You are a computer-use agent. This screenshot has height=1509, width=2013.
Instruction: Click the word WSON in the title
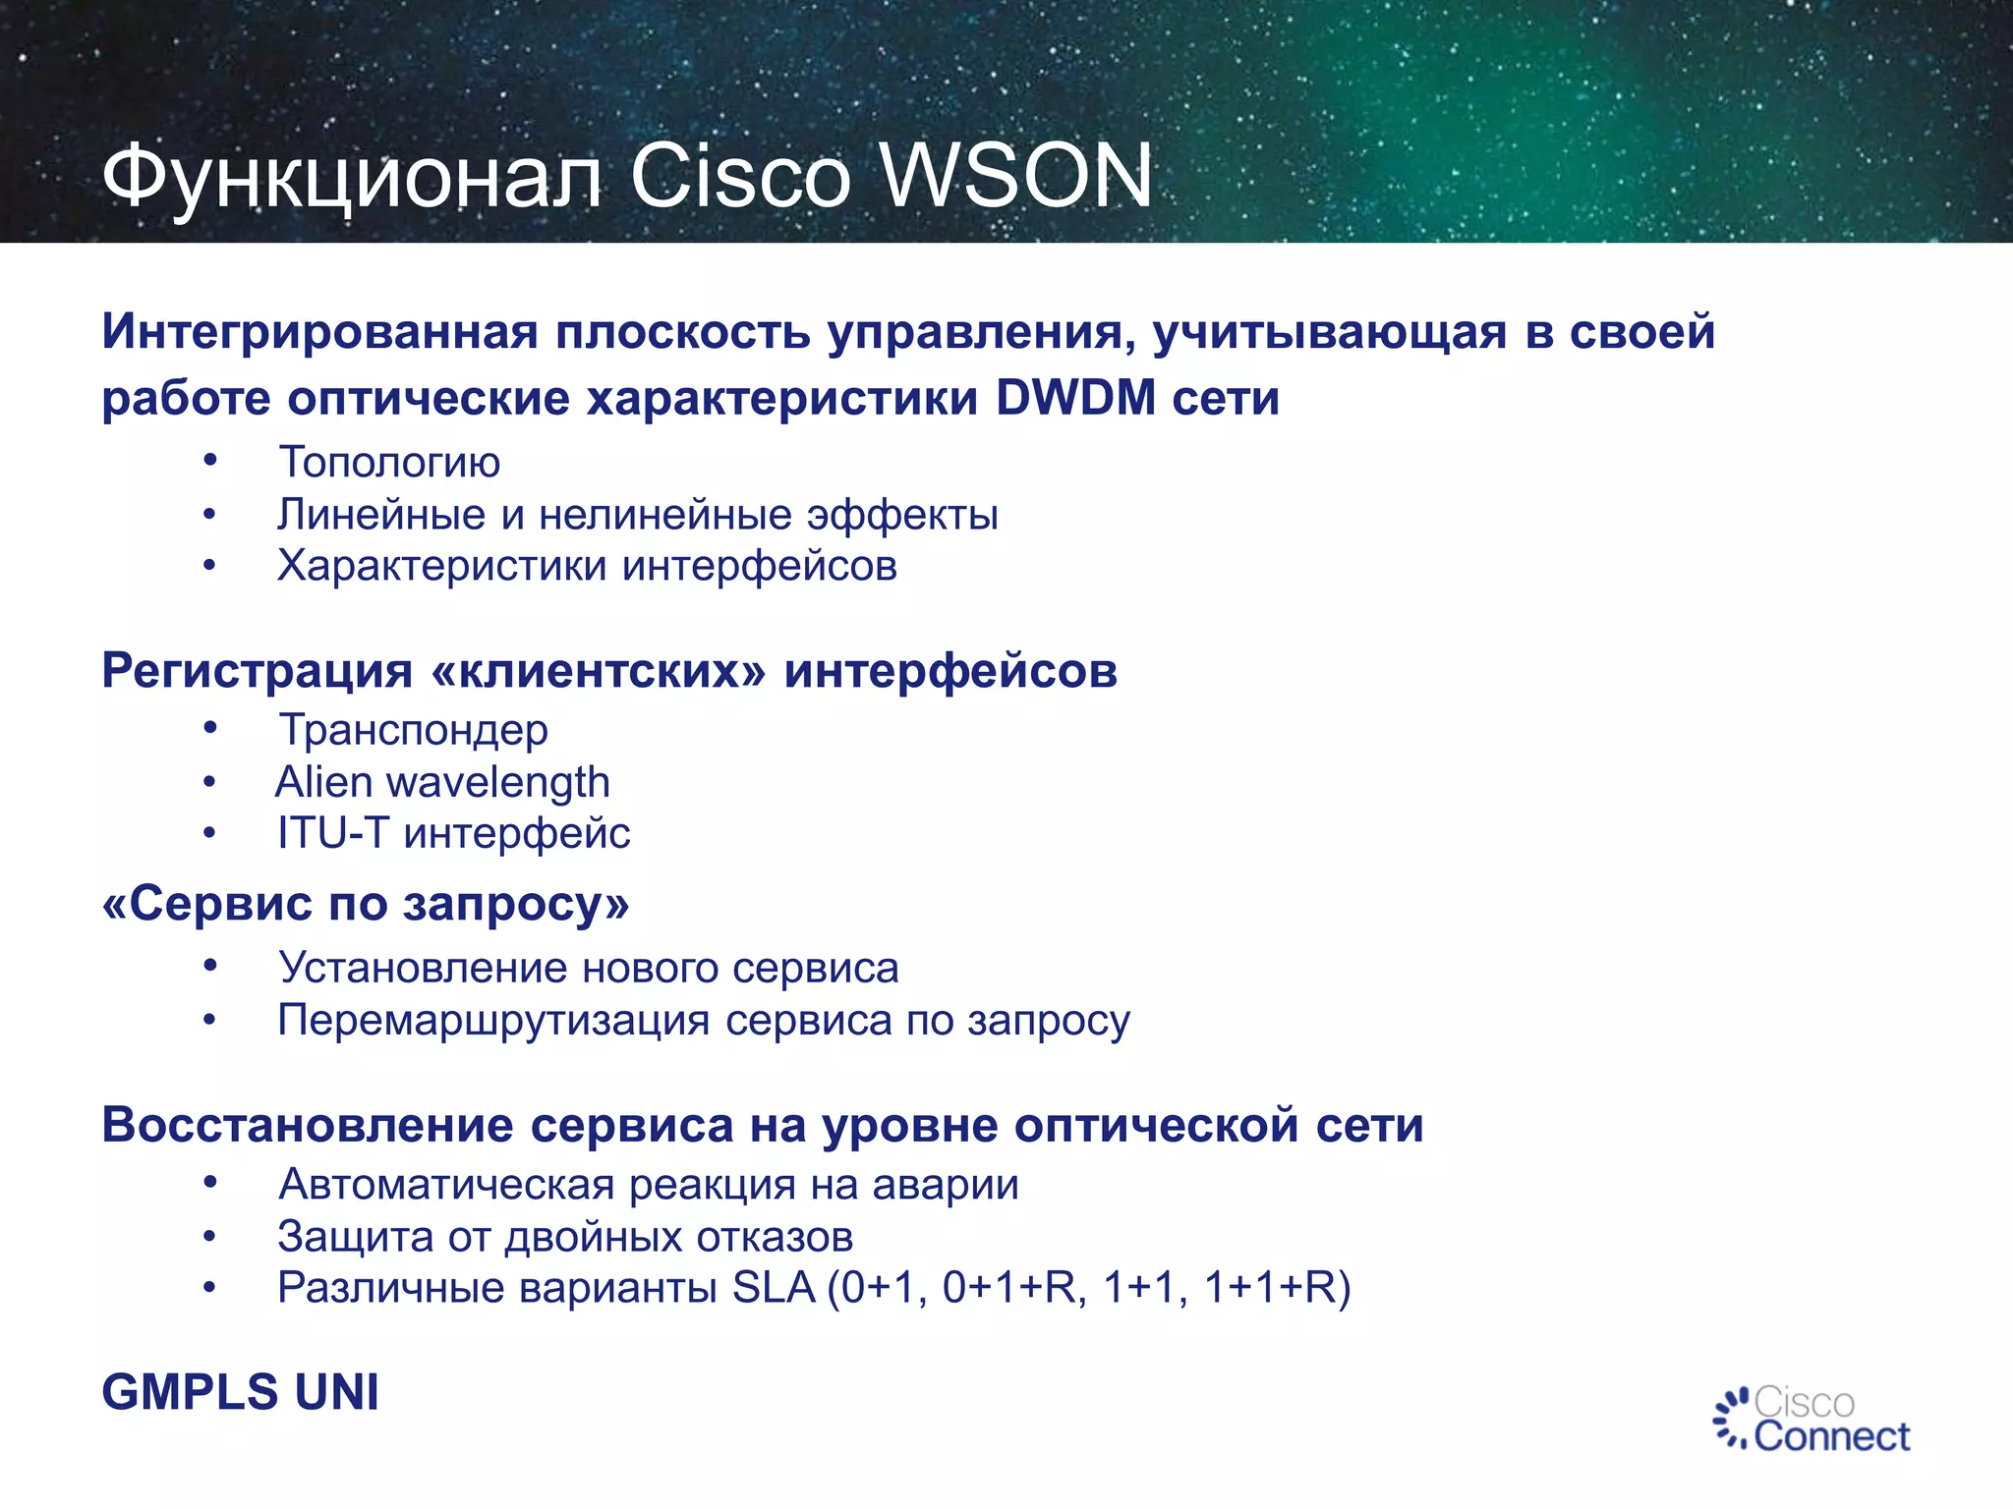(x=1014, y=177)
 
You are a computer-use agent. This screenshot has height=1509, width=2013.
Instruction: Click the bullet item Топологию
(x=389, y=463)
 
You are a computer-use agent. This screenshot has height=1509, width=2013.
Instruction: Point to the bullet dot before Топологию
(x=209, y=460)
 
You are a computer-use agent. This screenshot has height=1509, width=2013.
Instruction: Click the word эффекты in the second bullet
(x=902, y=515)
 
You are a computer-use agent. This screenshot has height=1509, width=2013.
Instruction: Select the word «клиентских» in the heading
(x=598, y=672)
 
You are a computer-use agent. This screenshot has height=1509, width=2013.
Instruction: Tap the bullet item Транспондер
(x=413, y=730)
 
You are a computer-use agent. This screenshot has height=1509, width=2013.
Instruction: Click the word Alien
(x=323, y=782)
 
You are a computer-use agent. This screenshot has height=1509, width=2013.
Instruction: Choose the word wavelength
(x=498, y=783)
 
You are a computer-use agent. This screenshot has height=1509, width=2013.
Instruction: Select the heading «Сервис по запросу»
(x=366, y=904)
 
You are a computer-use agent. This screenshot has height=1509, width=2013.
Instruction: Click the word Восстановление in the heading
(x=307, y=1125)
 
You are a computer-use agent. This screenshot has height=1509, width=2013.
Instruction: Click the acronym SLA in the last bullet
(x=774, y=1288)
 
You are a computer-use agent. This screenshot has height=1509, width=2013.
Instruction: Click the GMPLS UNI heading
(x=240, y=1392)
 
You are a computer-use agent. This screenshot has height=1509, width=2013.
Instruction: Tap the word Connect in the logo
(x=1831, y=1437)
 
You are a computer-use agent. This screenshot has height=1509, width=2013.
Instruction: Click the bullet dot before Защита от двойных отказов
(x=209, y=1236)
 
